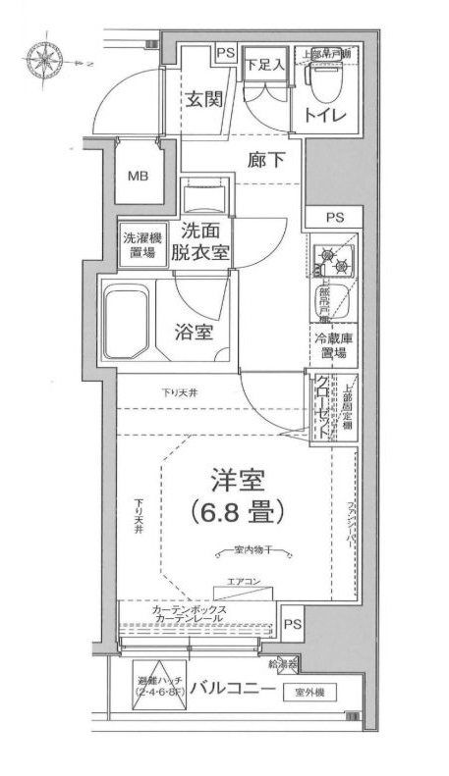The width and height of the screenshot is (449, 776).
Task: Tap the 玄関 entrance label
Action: pyautogui.click(x=206, y=98)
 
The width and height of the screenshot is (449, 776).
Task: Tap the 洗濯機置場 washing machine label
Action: pyautogui.click(x=139, y=244)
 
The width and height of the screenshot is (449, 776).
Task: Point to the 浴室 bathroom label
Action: pyautogui.click(x=193, y=332)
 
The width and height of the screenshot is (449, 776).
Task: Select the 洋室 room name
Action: pyautogui.click(x=237, y=480)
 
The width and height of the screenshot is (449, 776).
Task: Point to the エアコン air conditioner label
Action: pyautogui.click(x=243, y=582)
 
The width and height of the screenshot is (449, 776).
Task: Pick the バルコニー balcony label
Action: pyautogui.click(x=232, y=689)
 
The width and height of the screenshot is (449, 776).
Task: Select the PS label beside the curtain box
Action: pyautogui.click(x=292, y=623)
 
